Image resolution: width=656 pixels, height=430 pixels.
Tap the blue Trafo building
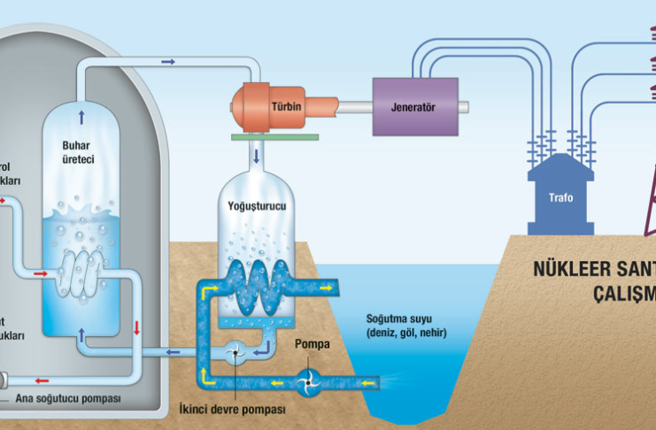coord(560,196)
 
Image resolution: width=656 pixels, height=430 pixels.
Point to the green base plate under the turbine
coord(265,136)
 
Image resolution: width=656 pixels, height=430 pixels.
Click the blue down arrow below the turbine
coord(258,157)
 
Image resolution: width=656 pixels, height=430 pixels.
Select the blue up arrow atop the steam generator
coord(82,115)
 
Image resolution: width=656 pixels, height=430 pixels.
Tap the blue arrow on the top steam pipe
coord(168,62)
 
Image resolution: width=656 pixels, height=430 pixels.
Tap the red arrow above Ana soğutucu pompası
coord(42,381)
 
